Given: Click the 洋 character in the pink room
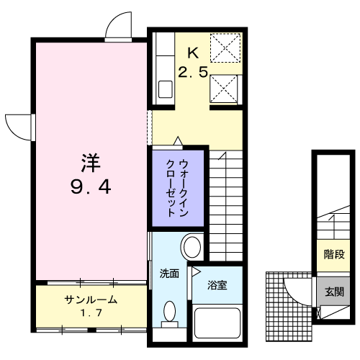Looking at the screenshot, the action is pyautogui.click(x=91, y=163).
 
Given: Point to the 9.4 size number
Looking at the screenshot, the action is pyautogui.click(x=91, y=187).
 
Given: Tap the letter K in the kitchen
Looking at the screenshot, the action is pyautogui.click(x=193, y=53).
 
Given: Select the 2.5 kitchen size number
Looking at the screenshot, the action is pyautogui.click(x=193, y=72).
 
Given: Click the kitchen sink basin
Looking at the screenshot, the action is pyautogui.click(x=166, y=89).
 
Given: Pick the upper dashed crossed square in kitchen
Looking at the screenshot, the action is pyautogui.click(x=225, y=48).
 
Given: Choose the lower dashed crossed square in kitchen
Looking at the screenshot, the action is pyautogui.click(x=223, y=89).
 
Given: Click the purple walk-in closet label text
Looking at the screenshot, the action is pyautogui.click(x=177, y=188).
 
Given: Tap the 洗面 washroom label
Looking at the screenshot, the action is pyautogui.click(x=169, y=274).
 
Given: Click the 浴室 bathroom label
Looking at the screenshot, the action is pyautogui.click(x=217, y=285).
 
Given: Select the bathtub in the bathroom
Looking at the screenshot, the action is pyautogui.click(x=217, y=323).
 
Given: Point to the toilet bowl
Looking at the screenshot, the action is pyautogui.click(x=169, y=312).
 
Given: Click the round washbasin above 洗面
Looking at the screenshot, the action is pyautogui.click(x=192, y=247).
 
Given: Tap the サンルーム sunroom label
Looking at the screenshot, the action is pyautogui.click(x=91, y=300).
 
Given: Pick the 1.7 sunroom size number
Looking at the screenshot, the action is pyautogui.click(x=91, y=313).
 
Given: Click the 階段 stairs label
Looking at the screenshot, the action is pyautogui.click(x=334, y=254).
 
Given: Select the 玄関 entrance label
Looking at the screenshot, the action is pyautogui.click(x=334, y=292).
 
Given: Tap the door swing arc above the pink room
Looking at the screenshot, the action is pyautogui.click(x=115, y=19).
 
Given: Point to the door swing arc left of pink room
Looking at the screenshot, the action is pyautogui.click(x=12, y=132).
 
